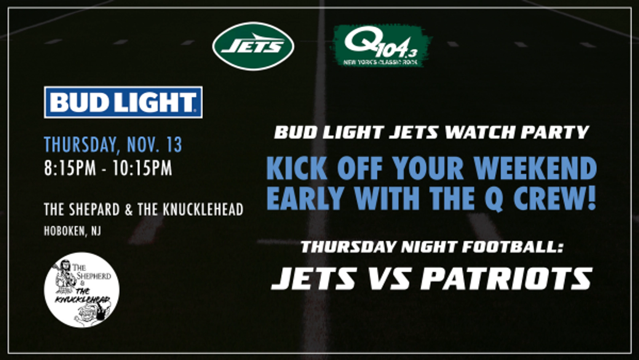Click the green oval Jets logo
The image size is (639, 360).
(253, 46)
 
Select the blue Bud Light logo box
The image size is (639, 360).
(123, 102)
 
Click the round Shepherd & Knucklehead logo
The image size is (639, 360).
(81, 290)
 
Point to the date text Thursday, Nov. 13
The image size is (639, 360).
(113, 144)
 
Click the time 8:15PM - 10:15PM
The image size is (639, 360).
(108, 168)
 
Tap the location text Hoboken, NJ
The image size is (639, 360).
(72, 231)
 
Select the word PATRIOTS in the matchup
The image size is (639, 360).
(506, 278)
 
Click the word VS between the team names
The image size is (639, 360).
(389, 278)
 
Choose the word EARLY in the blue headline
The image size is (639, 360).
(305, 198)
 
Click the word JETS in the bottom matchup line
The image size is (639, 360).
(314, 278)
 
